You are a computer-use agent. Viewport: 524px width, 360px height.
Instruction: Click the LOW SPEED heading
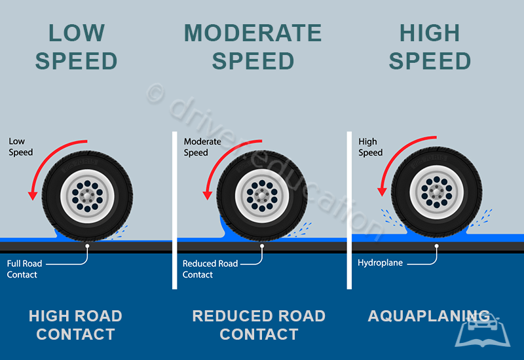click(x=76, y=46)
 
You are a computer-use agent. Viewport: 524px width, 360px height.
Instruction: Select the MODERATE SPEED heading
click(x=253, y=46)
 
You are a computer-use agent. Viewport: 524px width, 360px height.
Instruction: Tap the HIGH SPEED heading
click(x=430, y=46)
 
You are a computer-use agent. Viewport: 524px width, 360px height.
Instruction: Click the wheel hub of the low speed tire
click(x=86, y=194)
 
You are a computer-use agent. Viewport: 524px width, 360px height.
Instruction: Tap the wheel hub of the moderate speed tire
click(x=262, y=194)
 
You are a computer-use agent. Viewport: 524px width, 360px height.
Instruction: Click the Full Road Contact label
click(x=24, y=269)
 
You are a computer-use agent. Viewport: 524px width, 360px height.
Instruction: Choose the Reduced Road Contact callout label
click(x=210, y=269)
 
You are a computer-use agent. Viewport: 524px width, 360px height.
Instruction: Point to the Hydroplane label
click(x=380, y=263)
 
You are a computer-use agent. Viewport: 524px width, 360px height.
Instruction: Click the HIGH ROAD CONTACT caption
click(x=75, y=325)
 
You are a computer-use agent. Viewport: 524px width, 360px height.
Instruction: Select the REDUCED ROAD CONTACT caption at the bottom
click(x=259, y=325)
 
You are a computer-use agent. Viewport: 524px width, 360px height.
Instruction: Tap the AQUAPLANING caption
click(x=429, y=316)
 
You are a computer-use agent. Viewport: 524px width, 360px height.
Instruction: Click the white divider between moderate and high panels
click(x=349, y=209)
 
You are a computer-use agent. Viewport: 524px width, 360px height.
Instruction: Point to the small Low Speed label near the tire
click(x=20, y=147)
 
